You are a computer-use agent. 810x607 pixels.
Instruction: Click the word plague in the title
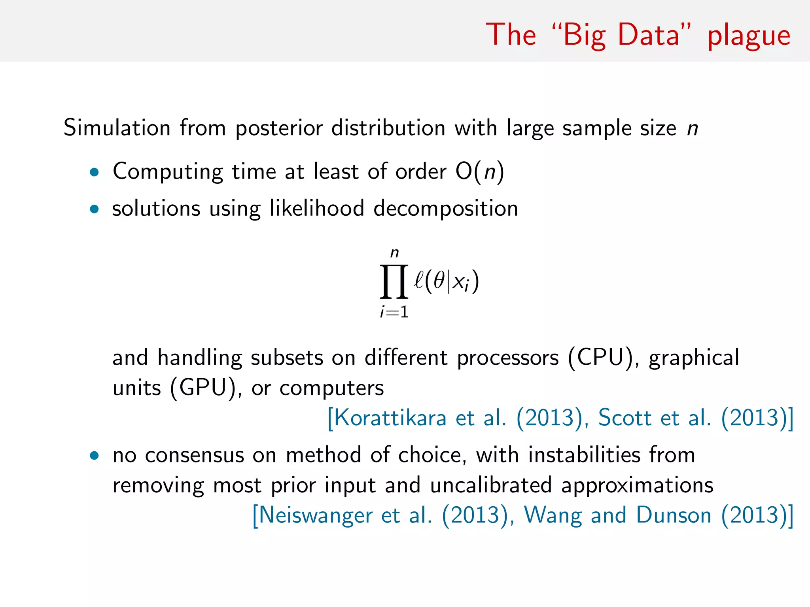click(749, 36)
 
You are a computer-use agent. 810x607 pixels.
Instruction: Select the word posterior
click(278, 128)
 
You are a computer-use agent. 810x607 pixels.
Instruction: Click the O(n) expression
click(479, 172)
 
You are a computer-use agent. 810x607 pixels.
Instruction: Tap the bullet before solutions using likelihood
click(94, 209)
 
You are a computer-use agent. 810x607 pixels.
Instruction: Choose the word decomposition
click(446, 209)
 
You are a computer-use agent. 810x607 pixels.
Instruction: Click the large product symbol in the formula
click(394, 281)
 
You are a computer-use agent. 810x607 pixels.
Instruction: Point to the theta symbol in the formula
click(439, 281)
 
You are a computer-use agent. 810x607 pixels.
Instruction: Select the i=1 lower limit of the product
click(394, 313)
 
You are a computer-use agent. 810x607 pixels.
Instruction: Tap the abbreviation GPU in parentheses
click(203, 388)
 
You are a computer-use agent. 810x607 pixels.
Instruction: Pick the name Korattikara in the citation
click(390, 418)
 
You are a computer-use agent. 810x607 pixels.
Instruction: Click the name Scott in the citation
click(624, 418)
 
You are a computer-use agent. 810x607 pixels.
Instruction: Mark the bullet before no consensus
click(94, 456)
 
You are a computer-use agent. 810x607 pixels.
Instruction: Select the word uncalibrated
click(490, 485)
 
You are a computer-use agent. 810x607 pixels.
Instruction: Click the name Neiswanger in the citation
click(315, 515)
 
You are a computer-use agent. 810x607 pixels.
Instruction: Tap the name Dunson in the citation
click(674, 515)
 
